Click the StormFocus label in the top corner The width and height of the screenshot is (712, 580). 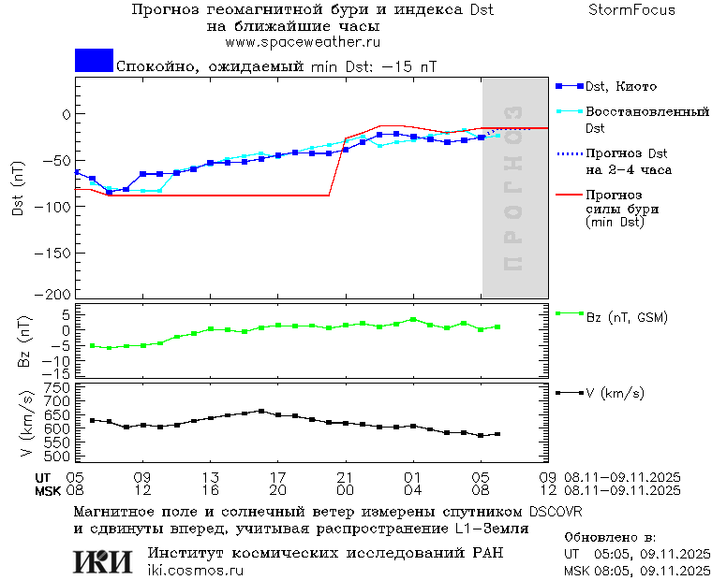pos(631,10)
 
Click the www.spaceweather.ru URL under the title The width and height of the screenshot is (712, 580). pos(302,42)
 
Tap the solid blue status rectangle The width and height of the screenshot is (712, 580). pos(94,61)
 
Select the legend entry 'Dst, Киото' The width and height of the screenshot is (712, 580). pos(614,86)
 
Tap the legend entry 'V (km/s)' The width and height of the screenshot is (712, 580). pos(614,393)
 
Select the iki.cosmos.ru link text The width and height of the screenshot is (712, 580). pos(195,570)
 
